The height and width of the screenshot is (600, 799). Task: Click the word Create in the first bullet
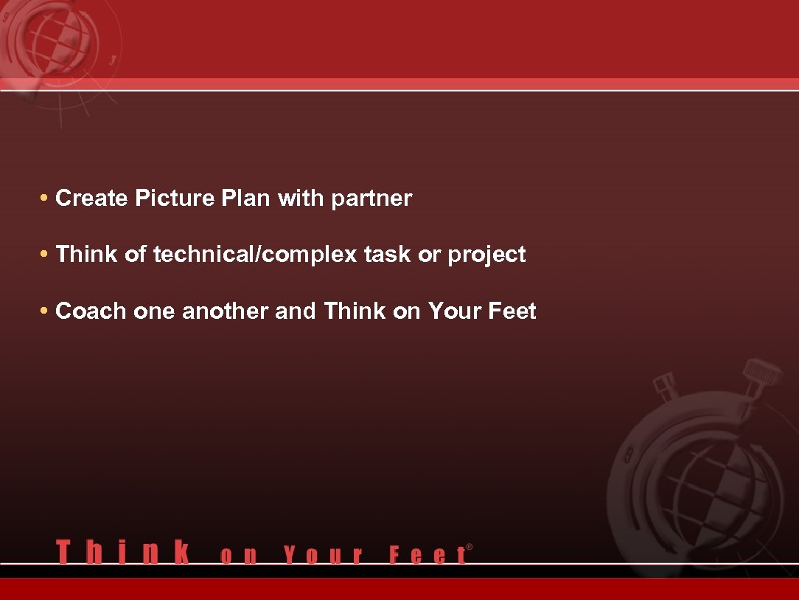pos(92,199)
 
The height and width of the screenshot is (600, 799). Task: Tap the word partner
pos(371,199)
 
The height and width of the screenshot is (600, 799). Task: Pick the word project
pos(486,255)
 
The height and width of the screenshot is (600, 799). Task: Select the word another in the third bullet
pos(226,311)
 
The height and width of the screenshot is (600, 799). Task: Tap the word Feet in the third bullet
pos(512,311)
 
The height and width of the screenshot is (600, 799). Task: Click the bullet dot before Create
pos(45,199)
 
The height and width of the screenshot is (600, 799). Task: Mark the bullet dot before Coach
pos(45,311)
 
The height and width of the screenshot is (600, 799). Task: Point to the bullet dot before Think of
pos(45,255)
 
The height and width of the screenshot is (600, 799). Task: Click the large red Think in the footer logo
pos(123,552)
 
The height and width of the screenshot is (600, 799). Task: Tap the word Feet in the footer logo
pos(427,555)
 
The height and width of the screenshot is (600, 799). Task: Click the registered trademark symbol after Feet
pos(470,547)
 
